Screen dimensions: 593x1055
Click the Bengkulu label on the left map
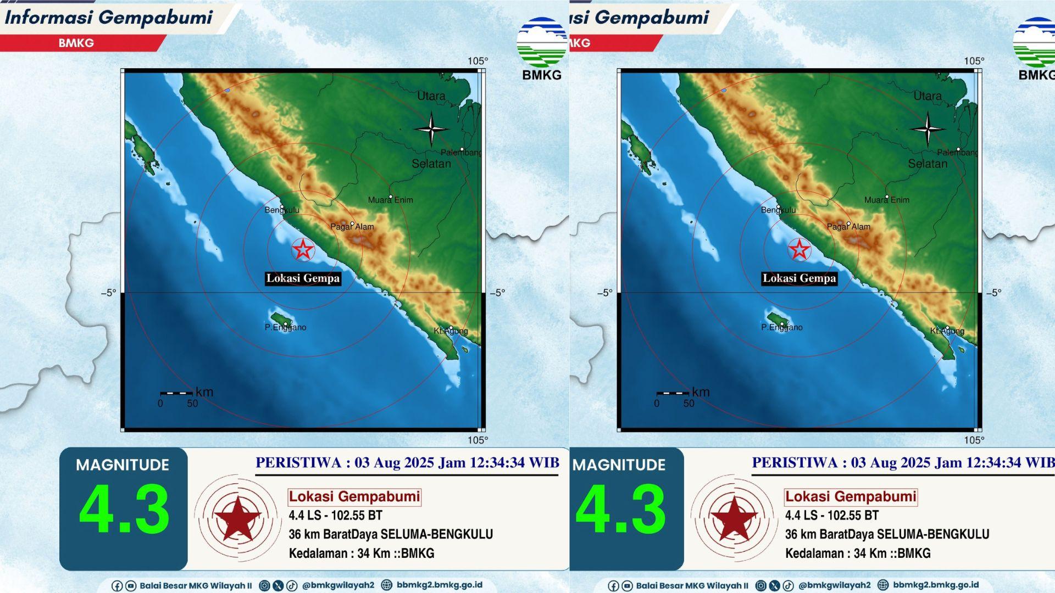point(282,210)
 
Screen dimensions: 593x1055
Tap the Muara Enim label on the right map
point(887,200)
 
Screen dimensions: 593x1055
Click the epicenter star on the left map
point(303,250)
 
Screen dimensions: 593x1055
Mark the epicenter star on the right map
point(799,250)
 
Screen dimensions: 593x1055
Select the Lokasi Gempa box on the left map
point(303,278)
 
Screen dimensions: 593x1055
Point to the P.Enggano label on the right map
point(781,327)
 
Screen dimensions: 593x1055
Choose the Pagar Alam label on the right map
point(848,226)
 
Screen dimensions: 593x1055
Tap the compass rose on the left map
point(431,130)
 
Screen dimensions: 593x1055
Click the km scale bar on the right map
point(673,393)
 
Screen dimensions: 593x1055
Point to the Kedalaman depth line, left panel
point(362,553)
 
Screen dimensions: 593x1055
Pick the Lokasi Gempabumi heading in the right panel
point(851,497)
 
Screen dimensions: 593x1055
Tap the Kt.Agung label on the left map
point(451,331)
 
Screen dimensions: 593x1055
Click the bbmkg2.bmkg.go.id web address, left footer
point(439,585)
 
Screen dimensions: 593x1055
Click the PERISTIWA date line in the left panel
point(407,463)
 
